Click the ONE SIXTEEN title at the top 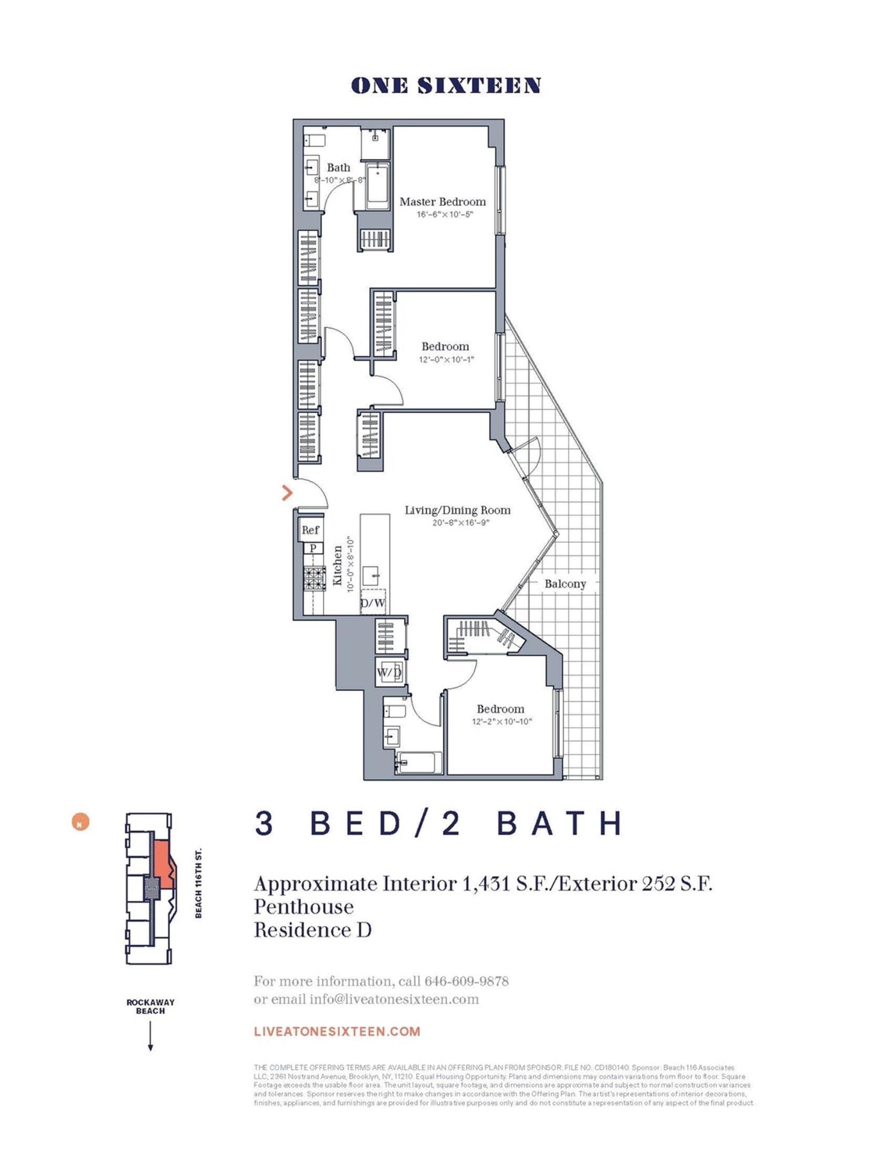445,86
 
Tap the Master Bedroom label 442,202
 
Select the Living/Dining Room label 457,510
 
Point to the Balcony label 565,584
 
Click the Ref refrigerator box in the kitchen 310,530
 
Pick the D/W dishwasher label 372,603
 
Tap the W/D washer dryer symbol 389,673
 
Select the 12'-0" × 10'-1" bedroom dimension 446,359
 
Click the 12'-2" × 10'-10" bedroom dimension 501,722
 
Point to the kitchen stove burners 315,579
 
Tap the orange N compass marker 80,822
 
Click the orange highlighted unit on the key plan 162,864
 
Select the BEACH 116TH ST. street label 198,882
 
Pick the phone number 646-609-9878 466,981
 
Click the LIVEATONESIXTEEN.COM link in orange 337,1031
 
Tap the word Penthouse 304,907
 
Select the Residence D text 312,930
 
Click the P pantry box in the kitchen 312,548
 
